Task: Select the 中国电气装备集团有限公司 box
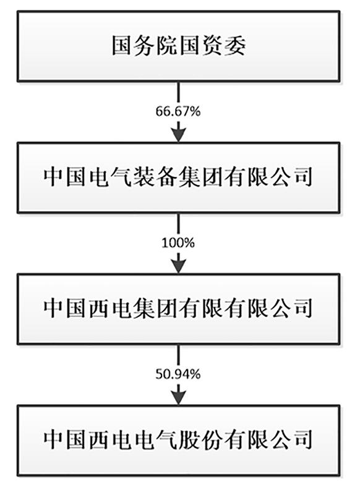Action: [x=179, y=177]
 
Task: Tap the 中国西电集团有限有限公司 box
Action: [x=179, y=308]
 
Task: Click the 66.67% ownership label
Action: [x=178, y=112]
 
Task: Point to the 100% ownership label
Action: [x=178, y=243]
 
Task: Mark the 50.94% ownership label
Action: [x=178, y=373]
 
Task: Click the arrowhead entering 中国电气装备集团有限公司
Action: [x=178, y=133]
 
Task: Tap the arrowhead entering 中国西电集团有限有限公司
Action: [x=178, y=264]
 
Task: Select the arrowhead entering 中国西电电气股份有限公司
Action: [x=178, y=394]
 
